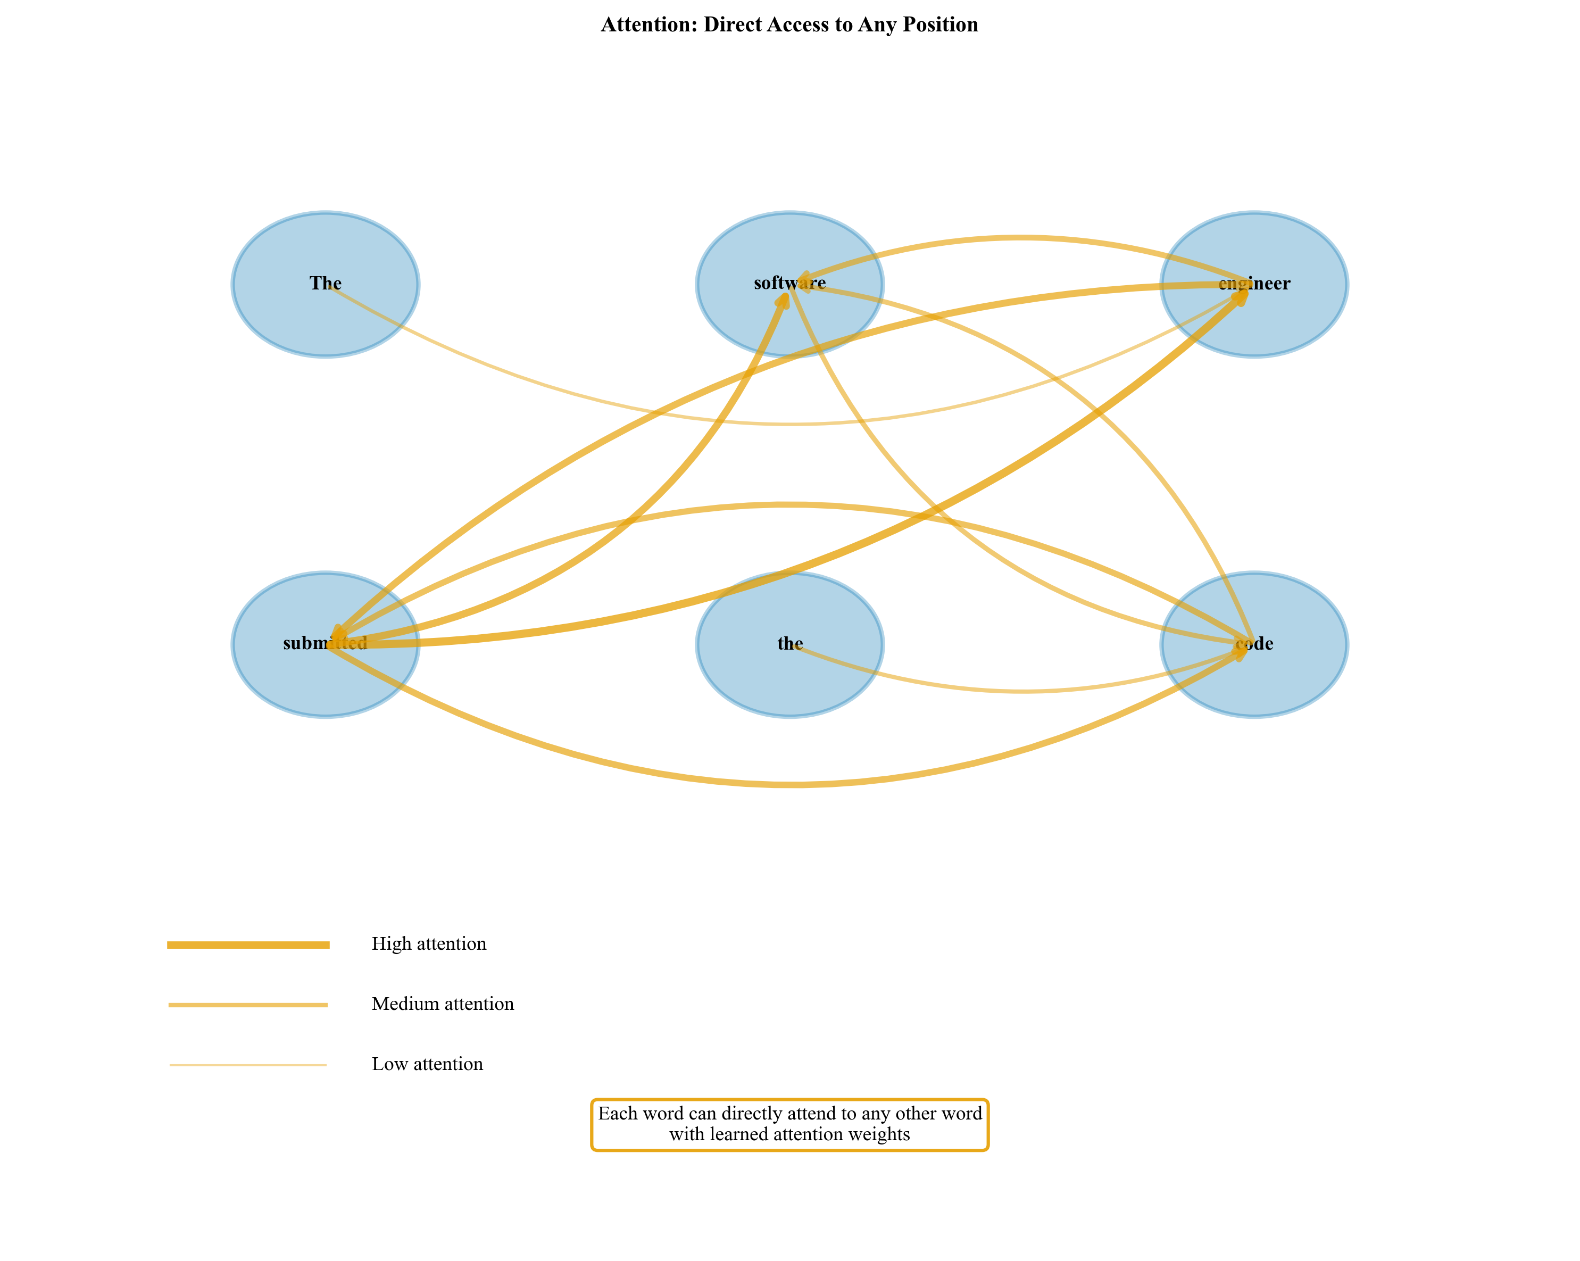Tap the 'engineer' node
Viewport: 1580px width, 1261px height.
[1254, 322]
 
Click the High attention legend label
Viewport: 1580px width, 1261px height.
[429, 943]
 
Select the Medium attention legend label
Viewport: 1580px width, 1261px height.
[443, 1003]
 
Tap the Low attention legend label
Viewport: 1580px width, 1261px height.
[427, 1064]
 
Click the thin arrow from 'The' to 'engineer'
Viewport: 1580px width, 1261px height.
[790, 424]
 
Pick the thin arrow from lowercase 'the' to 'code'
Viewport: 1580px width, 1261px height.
[1022, 691]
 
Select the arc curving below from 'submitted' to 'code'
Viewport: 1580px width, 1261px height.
[790, 784]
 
